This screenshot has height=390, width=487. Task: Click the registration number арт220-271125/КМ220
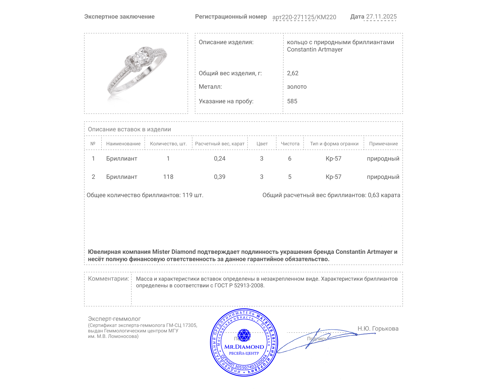pyautogui.click(x=304, y=17)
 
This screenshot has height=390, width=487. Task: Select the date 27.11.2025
pyautogui.click(x=381, y=17)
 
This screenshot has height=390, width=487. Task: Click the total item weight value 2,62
pyautogui.click(x=293, y=73)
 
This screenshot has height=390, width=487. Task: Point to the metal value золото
pyautogui.click(x=297, y=87)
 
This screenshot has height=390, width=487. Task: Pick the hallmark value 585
pyautogui.click(x=292, y=101)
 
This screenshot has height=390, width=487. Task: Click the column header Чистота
pyautogui.click(x=290, y=144)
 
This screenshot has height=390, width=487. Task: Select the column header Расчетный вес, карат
pyautogui.click(x=219, y=144)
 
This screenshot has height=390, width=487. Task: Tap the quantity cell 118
pyautogui.click(x=168, y=177)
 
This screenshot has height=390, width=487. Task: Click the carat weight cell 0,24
pyautogui.click(x=219, y=158)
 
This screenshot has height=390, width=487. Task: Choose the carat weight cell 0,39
pyautogui.click(x=219, y=177)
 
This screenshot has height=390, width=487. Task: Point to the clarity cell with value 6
pyautogui.click(x=289, y=158)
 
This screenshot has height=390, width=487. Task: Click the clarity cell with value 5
pyautogui.click(x=289, y=177)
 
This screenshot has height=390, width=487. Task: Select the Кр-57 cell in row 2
pyautogui.click(x=333, y=177)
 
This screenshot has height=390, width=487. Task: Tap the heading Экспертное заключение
pyautogui.click(x=119, y=17)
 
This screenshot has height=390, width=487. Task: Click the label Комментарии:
pyautogui.click(x=108, y=278)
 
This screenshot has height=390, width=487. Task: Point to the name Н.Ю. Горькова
pyautogui.click(x=378, y=328)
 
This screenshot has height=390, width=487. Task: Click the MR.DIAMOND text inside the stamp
pyautogui.click(x=244, y=347)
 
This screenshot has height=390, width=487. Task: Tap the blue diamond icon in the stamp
pyautogui.click(x=244, y=335)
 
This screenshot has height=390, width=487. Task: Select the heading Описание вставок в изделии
pyautogui.click(x=129, y=129)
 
